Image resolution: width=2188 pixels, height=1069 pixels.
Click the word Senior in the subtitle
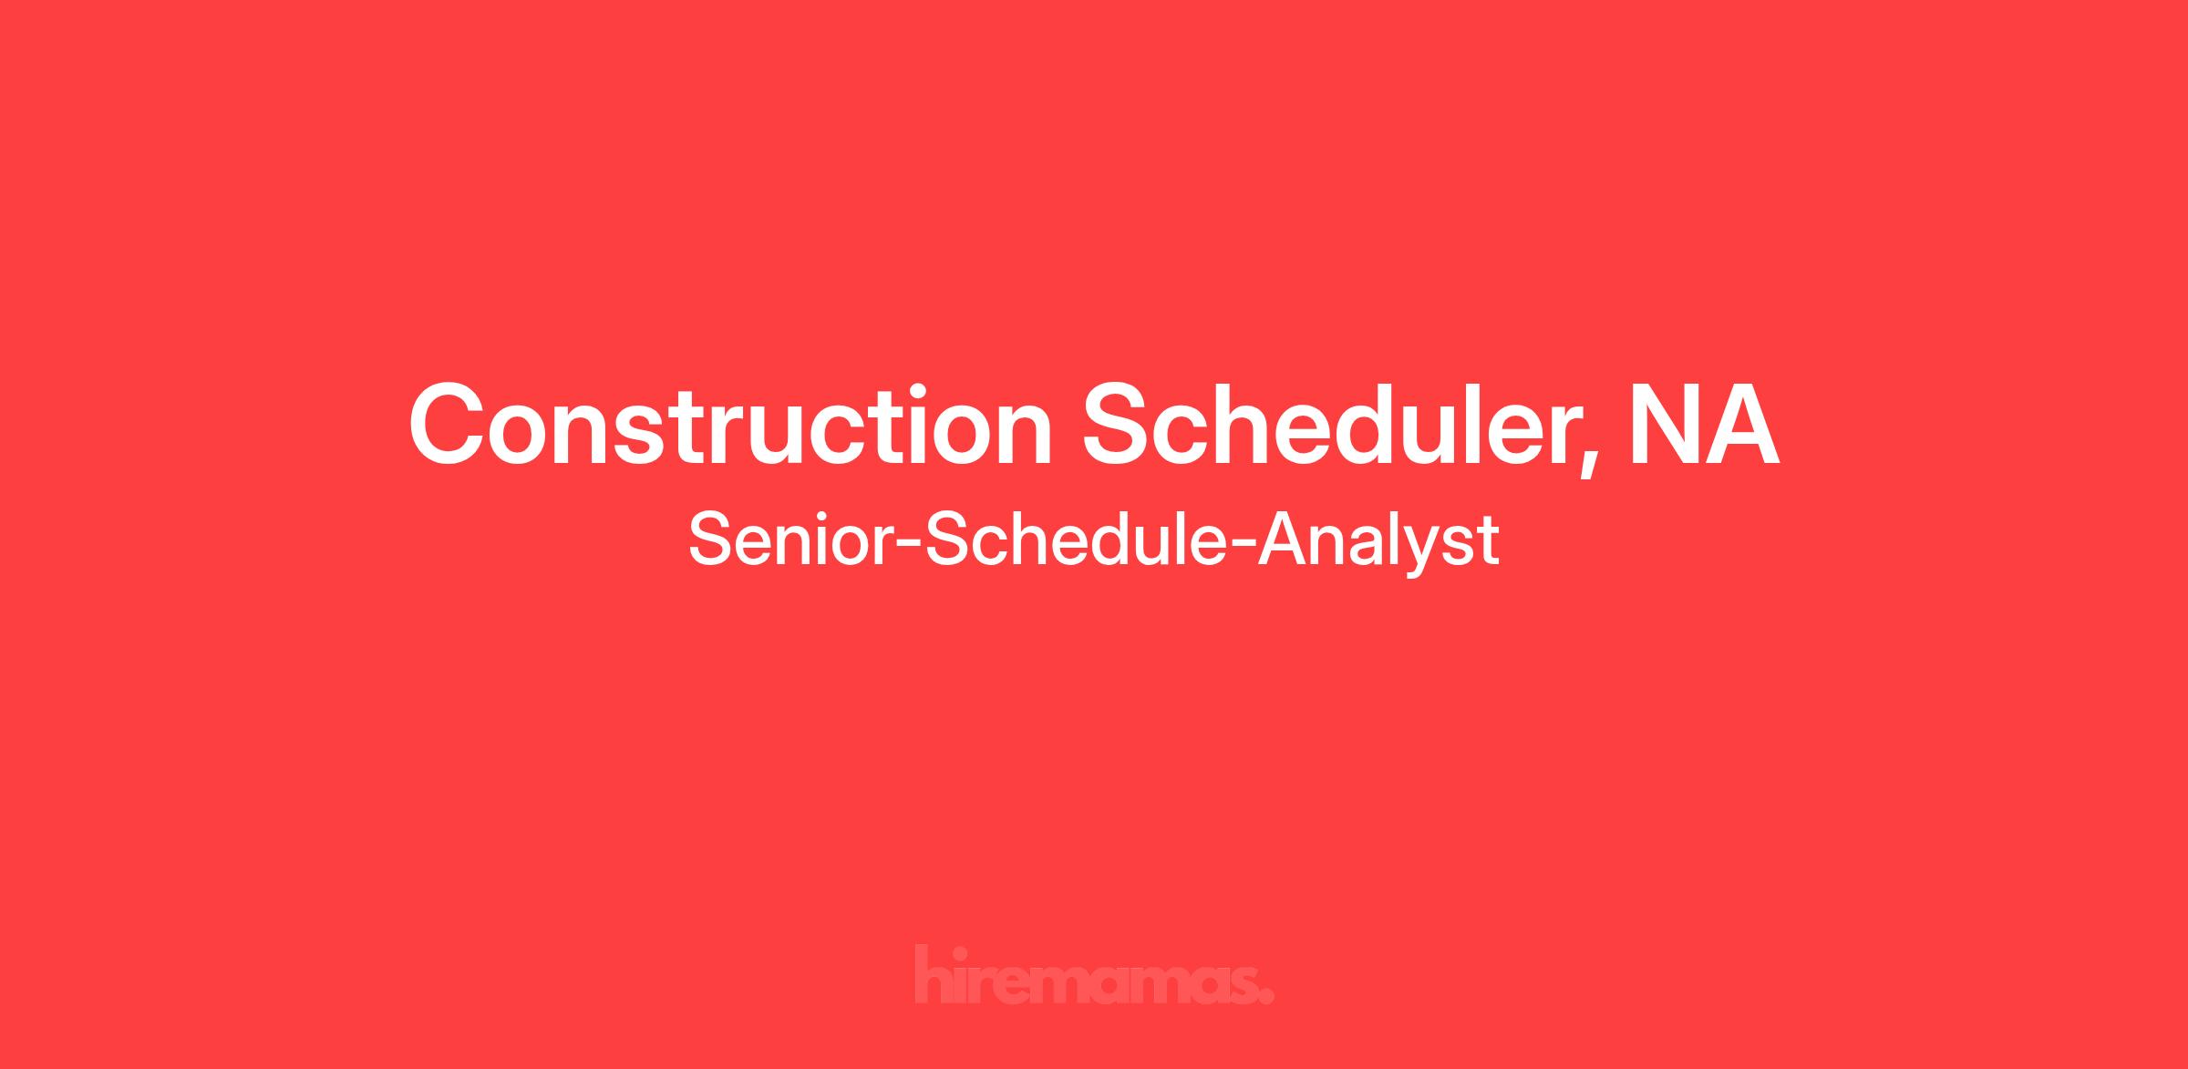(792, 540)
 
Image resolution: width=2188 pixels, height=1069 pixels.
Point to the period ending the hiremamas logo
(1266, 997)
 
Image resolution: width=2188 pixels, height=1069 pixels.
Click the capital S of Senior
(713, 540)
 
